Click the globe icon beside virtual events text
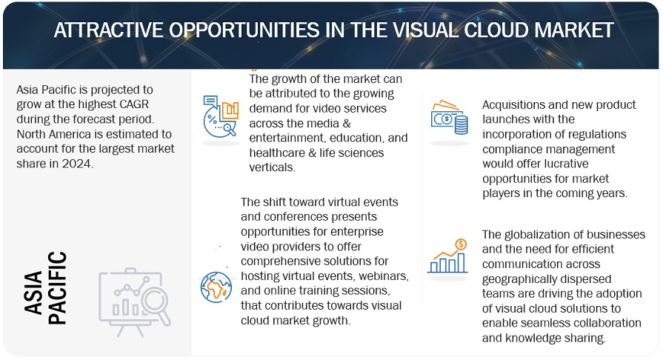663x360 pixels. (216, 286)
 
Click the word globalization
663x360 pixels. (539, 234)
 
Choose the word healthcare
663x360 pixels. (277, 153)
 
